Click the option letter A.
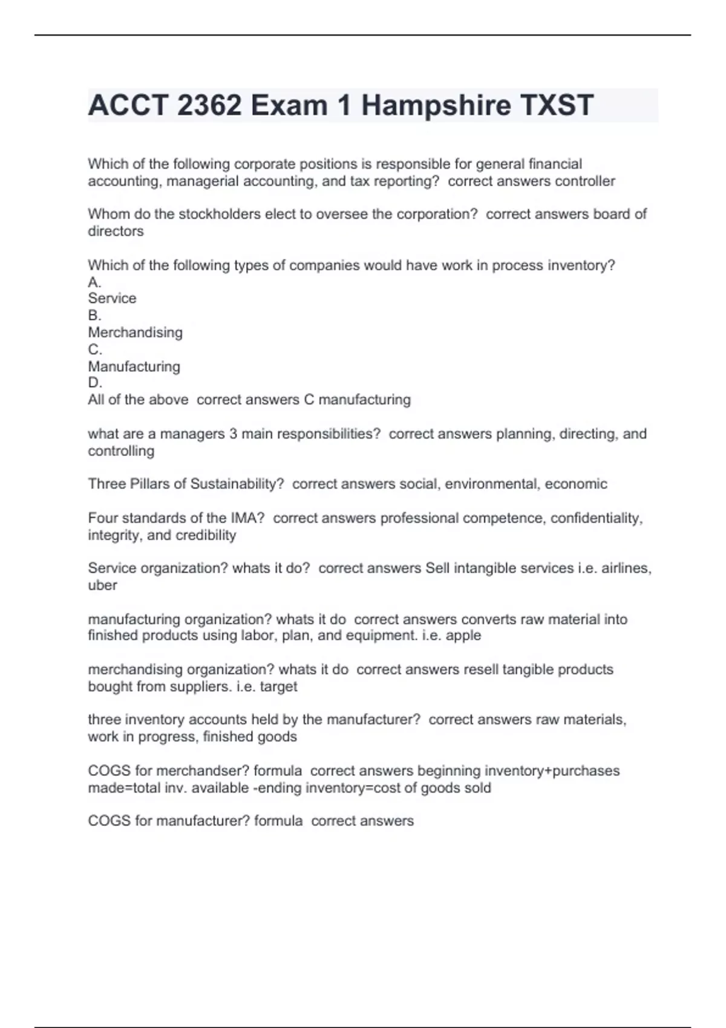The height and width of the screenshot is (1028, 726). tap(94, 282)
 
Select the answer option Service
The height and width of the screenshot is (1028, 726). tap(112, 298)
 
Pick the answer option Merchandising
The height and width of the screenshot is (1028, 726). tap(135, 333)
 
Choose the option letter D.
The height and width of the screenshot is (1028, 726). tap(94, 383)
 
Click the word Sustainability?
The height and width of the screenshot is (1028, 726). tap(237, 484)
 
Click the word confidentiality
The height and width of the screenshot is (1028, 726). tap(596, 518)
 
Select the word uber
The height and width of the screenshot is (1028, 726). tap(102, 585)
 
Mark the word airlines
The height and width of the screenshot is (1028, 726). tap(626, 568)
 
